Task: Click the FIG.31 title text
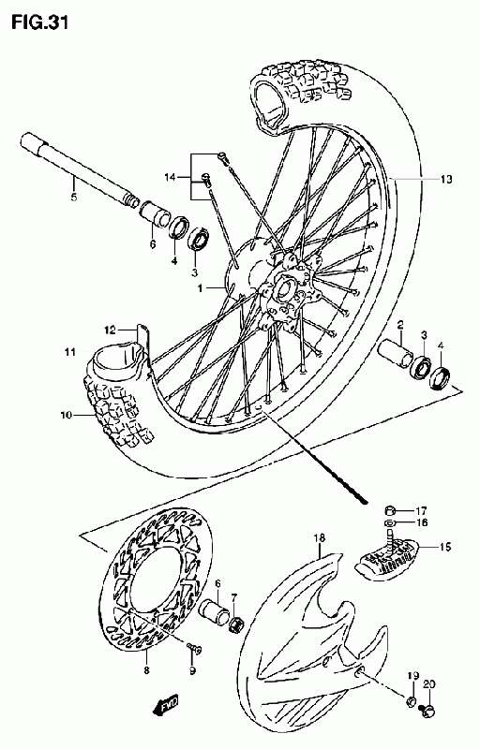pos(40,22)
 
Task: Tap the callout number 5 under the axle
pos(74,197)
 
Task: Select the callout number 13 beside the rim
pos(445,179)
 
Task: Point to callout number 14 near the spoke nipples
pos(171,178)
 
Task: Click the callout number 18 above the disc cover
pos(320,538)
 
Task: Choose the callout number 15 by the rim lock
pos(444,547)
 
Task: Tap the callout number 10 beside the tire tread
pos(66,415)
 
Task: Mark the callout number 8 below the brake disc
pos(146,670)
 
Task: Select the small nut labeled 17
pos(390,509)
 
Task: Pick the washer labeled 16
pos(390,521)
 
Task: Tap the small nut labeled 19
pos(410,701)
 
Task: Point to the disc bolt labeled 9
pos(194,648)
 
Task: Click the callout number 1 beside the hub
pos(201,288)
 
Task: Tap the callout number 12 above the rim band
pos(111,330)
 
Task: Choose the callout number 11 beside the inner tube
pos(70,353)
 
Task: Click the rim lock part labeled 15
pos(386,556)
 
